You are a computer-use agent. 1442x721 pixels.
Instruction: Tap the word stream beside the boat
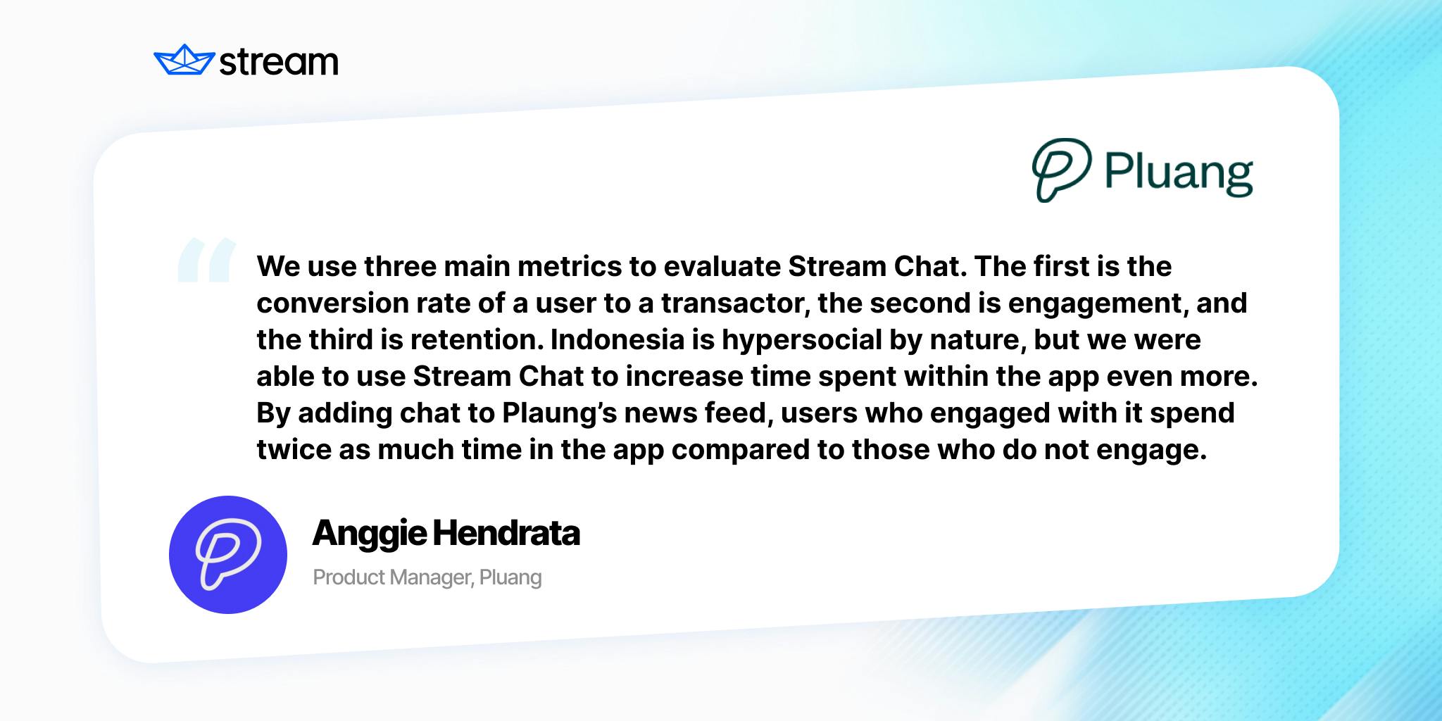click(279, 62)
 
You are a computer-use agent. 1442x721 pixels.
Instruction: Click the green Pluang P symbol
click(1061, 170)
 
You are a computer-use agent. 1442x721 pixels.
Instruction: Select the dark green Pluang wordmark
click(1179, 173)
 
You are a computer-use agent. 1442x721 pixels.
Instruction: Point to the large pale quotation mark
click(206, 259)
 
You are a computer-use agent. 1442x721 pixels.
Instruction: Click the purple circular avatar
click(228, 555)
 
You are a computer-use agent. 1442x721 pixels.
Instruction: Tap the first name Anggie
click(369, 534)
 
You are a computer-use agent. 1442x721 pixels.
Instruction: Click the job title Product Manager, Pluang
click(427, 577)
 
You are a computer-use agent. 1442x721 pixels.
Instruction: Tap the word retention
click(477, 339)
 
